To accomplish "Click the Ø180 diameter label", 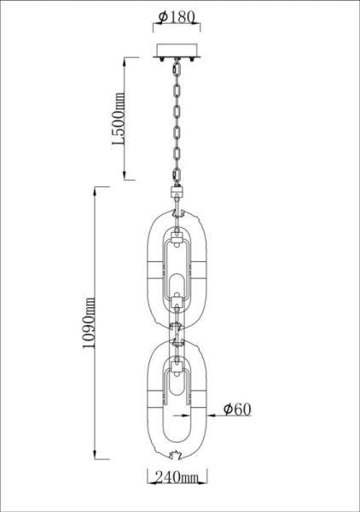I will tap(179, 19).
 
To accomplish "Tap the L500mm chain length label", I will tap(119, 119).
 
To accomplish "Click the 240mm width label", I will tap(179, 487).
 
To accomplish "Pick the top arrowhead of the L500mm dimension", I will tap(126, 60).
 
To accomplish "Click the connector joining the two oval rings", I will tap(179, 331).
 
